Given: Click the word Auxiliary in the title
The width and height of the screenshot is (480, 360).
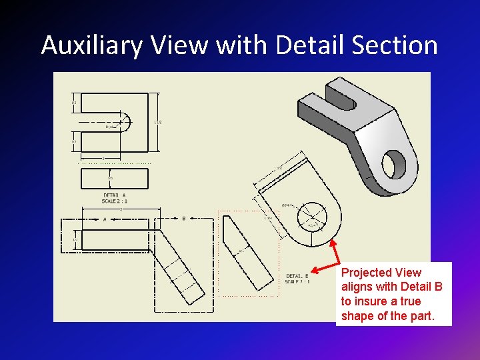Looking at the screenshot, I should (93, 46).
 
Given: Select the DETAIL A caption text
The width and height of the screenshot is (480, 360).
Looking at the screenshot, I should (115, 197).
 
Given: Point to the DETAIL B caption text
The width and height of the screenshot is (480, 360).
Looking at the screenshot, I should (297, 279).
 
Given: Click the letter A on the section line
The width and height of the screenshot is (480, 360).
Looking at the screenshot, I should (104, 219).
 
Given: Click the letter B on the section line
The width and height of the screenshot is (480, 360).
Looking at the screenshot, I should (183, 218).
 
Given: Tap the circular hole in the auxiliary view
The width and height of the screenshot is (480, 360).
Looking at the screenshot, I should (313, 215).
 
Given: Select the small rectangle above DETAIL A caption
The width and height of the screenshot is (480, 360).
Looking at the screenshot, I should (114, 178).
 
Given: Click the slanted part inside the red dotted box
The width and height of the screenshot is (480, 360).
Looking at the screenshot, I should (247, 250).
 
